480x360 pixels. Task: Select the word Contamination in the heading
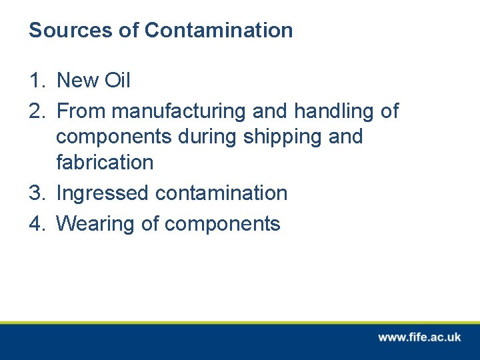[219, 30]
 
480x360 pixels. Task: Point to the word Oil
[118, 81]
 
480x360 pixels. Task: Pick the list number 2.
[36, 111]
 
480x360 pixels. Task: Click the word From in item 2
[83, 111]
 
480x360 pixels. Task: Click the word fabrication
[105, 162]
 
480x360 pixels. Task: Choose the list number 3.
[36, 193]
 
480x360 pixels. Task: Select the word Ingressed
[103, 194]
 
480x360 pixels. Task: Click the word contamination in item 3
[221, 193]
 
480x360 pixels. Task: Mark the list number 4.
[36, 224]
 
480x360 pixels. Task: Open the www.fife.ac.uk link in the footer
[419, 337]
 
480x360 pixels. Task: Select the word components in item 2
[114, 137]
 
